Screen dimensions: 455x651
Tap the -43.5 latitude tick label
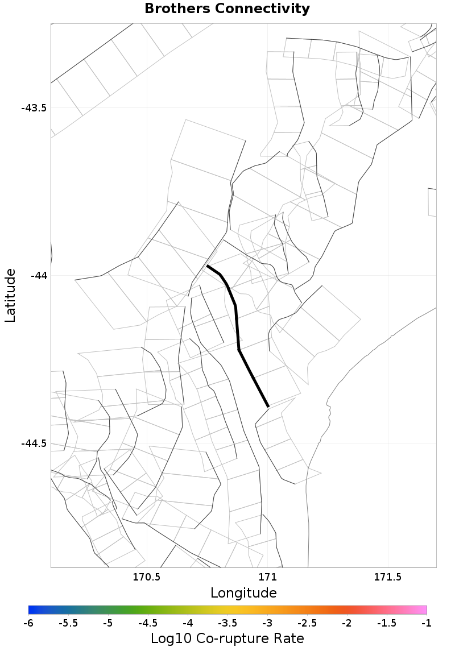[x=34, y=108]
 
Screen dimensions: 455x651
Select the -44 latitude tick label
[x=38, y=276]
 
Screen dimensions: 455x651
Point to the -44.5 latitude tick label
[x=34, y=443]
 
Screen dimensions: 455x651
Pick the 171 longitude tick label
[x=267, y=578]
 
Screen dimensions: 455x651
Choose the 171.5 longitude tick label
[x=388, y=578]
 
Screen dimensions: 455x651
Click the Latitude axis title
[x=10, y=296]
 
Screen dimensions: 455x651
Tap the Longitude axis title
[x=243, y=593]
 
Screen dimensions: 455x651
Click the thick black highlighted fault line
[x=237, y=330]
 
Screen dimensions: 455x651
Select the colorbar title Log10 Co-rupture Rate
[x=227, y=638]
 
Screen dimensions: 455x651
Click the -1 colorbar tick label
[x=427, y=623]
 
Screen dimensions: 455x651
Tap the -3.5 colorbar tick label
[x=227, y=623]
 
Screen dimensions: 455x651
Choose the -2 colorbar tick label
[x=347, y=623]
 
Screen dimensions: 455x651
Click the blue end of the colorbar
[x=31, y=610]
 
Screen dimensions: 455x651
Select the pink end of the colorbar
[x=423, y=610]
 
